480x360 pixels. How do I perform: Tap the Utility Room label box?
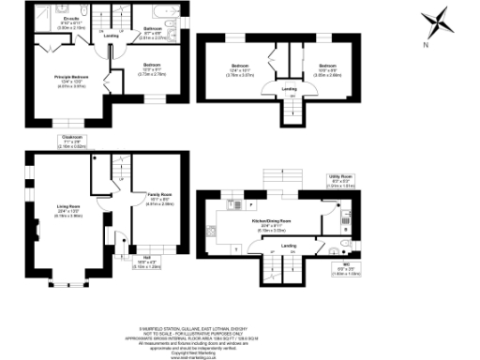[x=344, y=182]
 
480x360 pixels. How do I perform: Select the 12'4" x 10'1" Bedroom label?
[x=243, y=69]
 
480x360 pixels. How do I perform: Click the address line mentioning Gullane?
[x=240, y=329]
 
